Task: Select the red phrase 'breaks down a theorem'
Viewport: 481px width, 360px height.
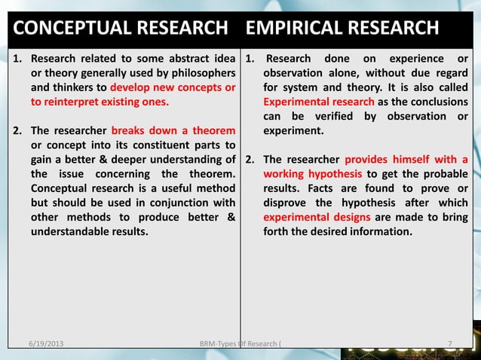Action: pyautogui.click(x=173, y=130)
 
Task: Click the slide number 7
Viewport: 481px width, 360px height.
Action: pyautogui.click(x=450, y=345)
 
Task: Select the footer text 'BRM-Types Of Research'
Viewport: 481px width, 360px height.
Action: pyautogui.click(x=238, y=345)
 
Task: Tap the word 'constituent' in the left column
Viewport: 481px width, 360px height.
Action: pyautogui.click(x=143, y=145)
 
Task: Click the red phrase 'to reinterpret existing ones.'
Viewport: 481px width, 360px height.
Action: pyautogui.click(x=100, y=102)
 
